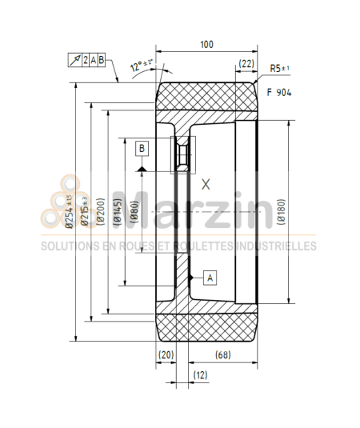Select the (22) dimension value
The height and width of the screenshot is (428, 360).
pos(246,64)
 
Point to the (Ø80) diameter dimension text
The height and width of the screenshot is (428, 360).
pos(135,211)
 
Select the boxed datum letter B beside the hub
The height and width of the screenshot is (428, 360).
pos(142,148)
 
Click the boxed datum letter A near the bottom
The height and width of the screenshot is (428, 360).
pos(210,277)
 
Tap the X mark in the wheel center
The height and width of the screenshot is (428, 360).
pos(206,184)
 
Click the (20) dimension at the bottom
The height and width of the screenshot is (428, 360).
pos(166,354)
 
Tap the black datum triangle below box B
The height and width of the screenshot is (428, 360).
pos(142,168)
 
